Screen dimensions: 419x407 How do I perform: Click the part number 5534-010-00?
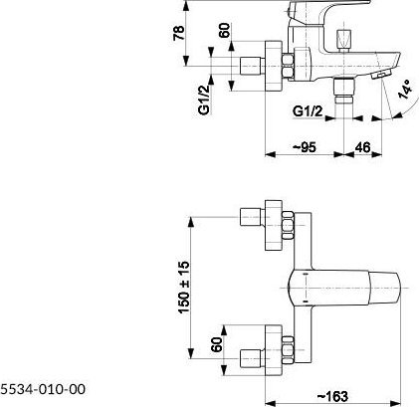[x=43, y=389]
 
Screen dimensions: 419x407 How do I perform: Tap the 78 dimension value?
[x=178, y=33]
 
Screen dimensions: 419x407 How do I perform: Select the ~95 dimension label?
[x=305, y=147]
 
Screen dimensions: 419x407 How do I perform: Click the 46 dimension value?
[x=362, y=147]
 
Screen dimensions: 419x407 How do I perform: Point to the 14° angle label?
[x=406, y=90]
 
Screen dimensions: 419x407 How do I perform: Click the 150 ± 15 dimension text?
[x=184, y=288]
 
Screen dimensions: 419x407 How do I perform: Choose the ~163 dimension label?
[x=332, y=396]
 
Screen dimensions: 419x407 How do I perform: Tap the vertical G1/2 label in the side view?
[x=204, y=100]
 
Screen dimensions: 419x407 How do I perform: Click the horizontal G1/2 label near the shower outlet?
[x=308, y=111]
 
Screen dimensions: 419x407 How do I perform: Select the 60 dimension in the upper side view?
[x=225, y=30]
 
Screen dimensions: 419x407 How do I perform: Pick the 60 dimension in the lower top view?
[x=217, y=344]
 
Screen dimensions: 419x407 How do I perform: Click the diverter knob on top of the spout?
[x=343, y=40]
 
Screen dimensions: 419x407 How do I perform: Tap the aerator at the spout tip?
[x=382, y=74]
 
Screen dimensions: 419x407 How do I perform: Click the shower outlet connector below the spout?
[x=343, y=91]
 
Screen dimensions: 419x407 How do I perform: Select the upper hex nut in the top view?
[x=288, y=226]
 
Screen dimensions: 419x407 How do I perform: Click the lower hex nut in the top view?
[x=288, y=350]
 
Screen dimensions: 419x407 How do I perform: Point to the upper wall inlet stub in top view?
[x=252, y=217]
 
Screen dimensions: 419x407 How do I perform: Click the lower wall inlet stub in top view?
[x=252, y=358]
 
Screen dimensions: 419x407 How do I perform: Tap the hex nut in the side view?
[x=288, y=67]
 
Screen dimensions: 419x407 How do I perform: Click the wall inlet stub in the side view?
[x=252, y=66]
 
